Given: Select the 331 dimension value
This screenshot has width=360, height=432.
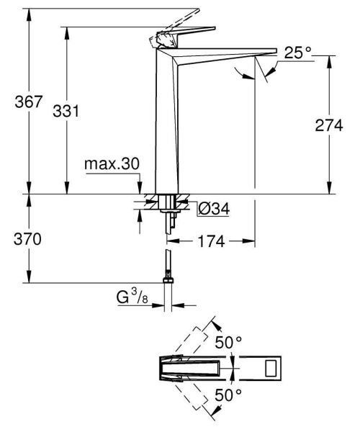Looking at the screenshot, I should click(66, 111).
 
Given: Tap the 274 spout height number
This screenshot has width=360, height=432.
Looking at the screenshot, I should click(330, 125).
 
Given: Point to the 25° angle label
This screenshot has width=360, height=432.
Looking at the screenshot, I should click(297, 53).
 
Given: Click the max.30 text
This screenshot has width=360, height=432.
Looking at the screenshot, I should click(111, 164).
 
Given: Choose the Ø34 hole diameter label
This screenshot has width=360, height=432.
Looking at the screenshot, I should click(213, 209).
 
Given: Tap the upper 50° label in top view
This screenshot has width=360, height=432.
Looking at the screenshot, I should click(228, 343).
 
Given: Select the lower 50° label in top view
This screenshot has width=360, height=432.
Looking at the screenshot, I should click(228, 395).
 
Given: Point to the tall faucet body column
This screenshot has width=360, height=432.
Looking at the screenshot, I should click(167, 130).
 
